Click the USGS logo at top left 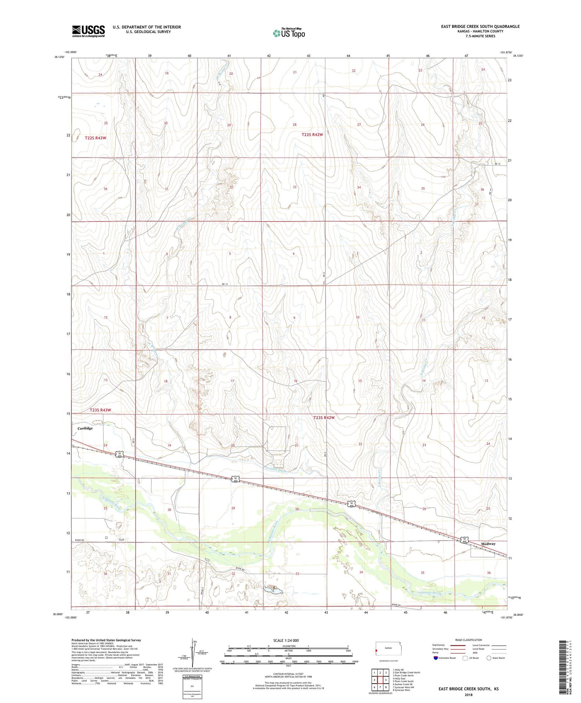(x=88, y=31)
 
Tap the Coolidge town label (x=85, y=428)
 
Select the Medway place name (x=488, y=544)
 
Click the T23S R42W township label (x=324, y=418)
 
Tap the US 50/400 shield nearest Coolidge (x=120, y=454)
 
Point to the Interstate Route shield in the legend (x=437, y=658)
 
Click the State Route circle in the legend (x=489, y=658)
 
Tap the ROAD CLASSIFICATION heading (x=469, y=640)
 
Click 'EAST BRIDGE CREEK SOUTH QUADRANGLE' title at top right (x=480, y=26)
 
